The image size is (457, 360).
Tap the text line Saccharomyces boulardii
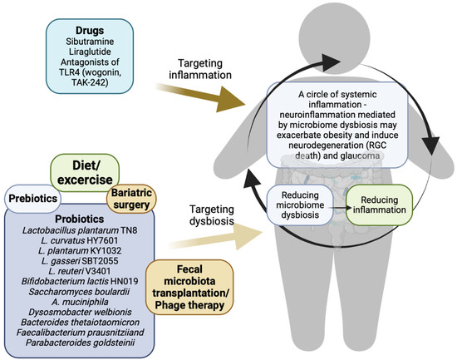pos(80,304)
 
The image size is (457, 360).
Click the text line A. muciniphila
pos(80,316)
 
